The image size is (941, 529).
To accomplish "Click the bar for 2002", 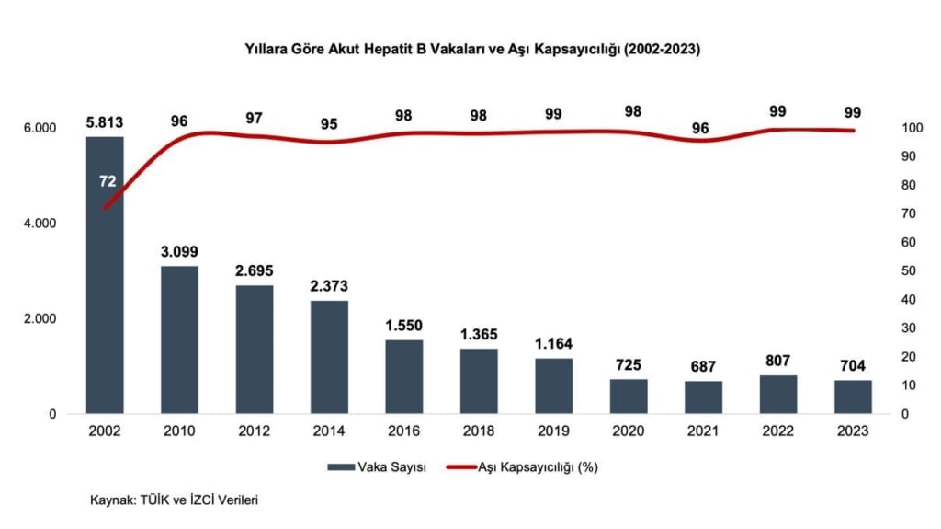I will pos(105,276).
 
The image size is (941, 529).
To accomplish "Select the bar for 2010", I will pos(180,340).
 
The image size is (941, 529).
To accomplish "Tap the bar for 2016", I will pos(403,377).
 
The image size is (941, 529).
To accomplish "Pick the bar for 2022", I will pos(777,395).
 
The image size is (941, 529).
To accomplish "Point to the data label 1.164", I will pos(553,344).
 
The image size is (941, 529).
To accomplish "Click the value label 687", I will pos(703,366).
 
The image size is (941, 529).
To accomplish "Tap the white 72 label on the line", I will pos(107,182).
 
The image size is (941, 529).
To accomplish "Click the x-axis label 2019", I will pos(553,430).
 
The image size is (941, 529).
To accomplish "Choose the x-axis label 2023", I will pos(852,430).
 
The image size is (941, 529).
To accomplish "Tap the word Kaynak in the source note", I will pos(110,500).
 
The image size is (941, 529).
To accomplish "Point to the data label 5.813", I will pos(105,121).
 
